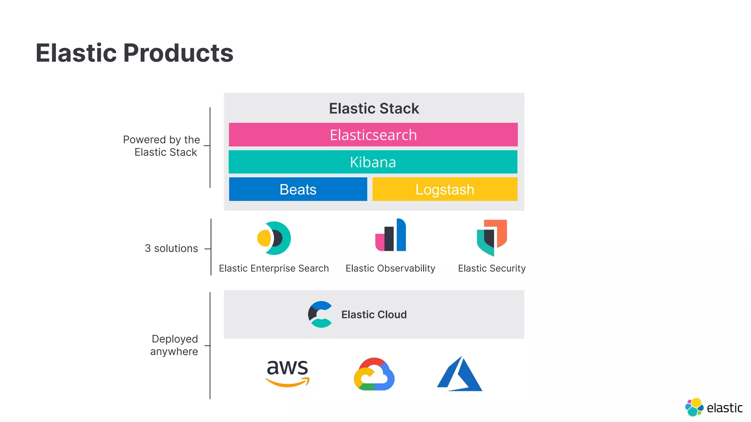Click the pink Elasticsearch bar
(373, 135)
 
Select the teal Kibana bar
(373, 162)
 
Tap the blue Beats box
(298, 189)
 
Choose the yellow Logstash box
(445, 189)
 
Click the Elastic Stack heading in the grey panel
(374, 108)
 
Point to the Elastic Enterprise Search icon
(274, 238)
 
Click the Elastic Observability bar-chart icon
(391, 236)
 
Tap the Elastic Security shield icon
(492, 237)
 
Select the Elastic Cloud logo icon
(320, 314)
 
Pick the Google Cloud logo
(374, 374)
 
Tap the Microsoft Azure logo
(459, 374)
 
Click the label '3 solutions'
(171, 248)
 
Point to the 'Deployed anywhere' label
(174, 345)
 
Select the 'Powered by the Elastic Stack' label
(162, 146)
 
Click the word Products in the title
(178, 53)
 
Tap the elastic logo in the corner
(714, 407)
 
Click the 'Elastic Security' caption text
(492, 269)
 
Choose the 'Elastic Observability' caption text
(390, 269)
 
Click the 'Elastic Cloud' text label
(374, 315)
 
